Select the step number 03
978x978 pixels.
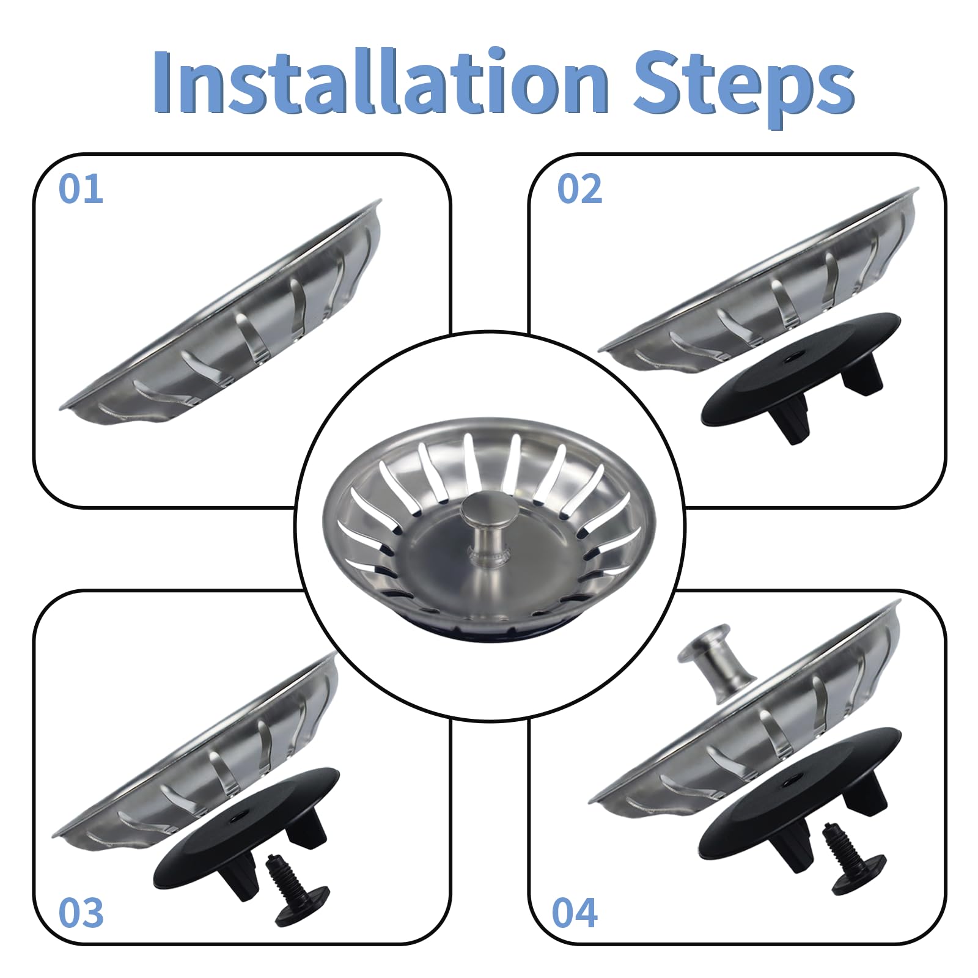click(81, 913)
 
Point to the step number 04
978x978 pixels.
click(574, 913)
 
